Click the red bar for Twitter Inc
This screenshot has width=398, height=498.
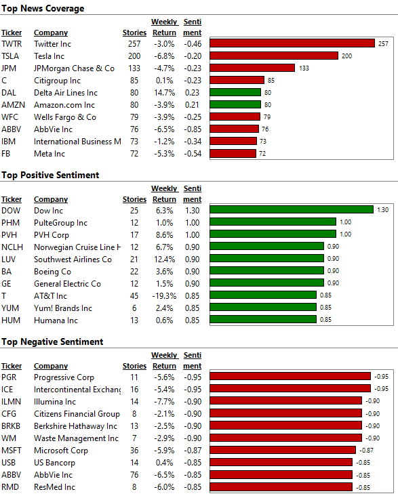pos(292,43)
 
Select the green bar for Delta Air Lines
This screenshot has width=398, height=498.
pos(235,92)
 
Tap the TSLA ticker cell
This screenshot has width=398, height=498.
pos(10,56)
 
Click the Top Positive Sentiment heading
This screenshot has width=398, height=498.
pos(50,175)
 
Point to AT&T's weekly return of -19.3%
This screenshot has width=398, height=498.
pos(164,296)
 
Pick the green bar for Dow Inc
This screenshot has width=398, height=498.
pos(292,209)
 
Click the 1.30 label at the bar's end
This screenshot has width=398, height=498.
pos(382,210)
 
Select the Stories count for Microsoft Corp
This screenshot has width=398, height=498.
pos(134,451)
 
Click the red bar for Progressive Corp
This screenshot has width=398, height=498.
pos(290,376)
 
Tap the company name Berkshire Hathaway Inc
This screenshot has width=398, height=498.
pos(75,426)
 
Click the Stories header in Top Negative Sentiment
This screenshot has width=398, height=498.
pos(134,366)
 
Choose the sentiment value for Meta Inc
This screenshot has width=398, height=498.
pos(193,154)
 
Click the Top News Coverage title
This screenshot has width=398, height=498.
pos(43,9)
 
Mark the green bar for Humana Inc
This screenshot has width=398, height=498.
pos(263,319)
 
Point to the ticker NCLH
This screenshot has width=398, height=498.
pos(12,247)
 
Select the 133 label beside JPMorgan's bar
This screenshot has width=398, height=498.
pos(304,68)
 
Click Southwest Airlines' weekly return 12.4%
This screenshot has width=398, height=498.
pos(164,260)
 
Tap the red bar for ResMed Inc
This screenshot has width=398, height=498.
pos(281,487)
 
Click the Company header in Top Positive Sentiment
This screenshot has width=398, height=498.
pos(51,199)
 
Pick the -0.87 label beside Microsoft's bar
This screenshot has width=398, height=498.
pos(367,451)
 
